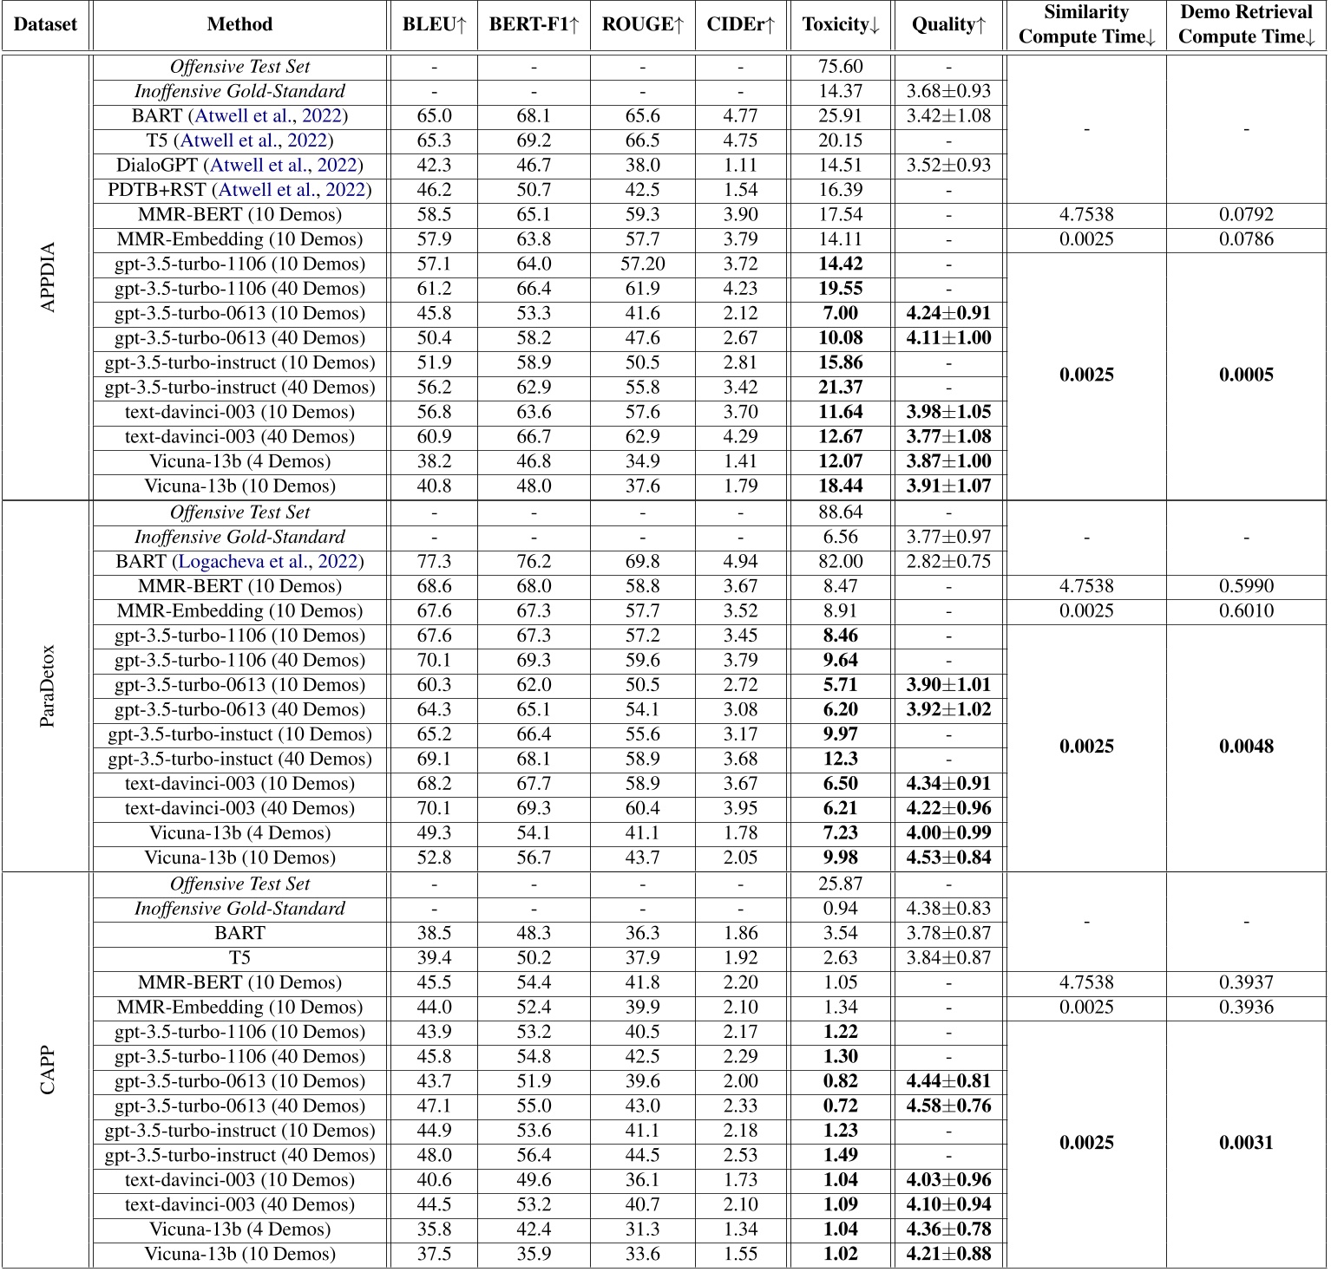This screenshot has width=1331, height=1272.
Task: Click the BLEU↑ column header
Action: point(434,25)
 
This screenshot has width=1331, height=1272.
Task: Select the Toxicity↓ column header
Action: point(840,25)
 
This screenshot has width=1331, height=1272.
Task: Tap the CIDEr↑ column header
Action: point(740,25)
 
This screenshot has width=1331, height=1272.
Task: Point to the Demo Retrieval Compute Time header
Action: point(1246,25)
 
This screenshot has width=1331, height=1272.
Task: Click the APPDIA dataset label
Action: point(48,277)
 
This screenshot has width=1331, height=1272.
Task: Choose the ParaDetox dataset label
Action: point(48,686)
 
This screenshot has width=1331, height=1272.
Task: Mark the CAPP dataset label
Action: point(48,1070)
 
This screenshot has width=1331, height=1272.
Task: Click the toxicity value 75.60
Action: point(840,67)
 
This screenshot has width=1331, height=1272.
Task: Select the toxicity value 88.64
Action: point(840,512)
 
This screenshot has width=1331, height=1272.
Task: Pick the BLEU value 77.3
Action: point(434,562)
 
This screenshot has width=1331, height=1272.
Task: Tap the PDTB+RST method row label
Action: point(239,190)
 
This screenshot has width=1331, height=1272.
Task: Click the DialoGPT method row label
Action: point(239,166)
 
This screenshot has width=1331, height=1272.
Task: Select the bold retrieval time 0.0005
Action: point(1246,375)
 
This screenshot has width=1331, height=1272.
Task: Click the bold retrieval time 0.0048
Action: point(1246,747)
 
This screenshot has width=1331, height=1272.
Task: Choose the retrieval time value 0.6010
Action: point(1246,611)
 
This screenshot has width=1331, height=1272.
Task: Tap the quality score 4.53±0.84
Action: point(948,858)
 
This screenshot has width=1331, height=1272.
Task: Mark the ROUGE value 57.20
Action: point(642,264)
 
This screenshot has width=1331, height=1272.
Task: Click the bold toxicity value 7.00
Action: point(840,314)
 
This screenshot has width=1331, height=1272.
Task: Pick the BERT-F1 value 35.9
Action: point(534,1254)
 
